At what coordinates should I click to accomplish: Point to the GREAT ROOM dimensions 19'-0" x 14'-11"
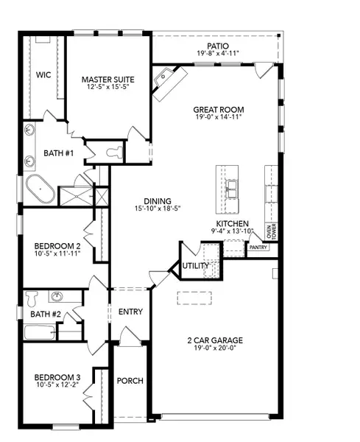click(x=219, y=119)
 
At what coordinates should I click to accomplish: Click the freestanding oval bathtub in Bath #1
click(x=39, y=189)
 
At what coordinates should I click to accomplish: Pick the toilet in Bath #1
click(x=113, y=153)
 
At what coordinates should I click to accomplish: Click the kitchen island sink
click(x=232, y=189)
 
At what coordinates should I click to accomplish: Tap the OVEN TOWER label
click(x=273, y=231)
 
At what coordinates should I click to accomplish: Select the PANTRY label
click(x=258, y=248)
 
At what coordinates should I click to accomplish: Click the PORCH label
click(x=130, y=381)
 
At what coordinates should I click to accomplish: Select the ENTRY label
click(x=130, y=312)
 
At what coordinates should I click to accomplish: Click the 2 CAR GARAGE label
click(x=213, y=340)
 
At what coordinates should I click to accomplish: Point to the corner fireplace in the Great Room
click(x=165, y=80)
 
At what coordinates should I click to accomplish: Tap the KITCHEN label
click(x=232, y=223)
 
